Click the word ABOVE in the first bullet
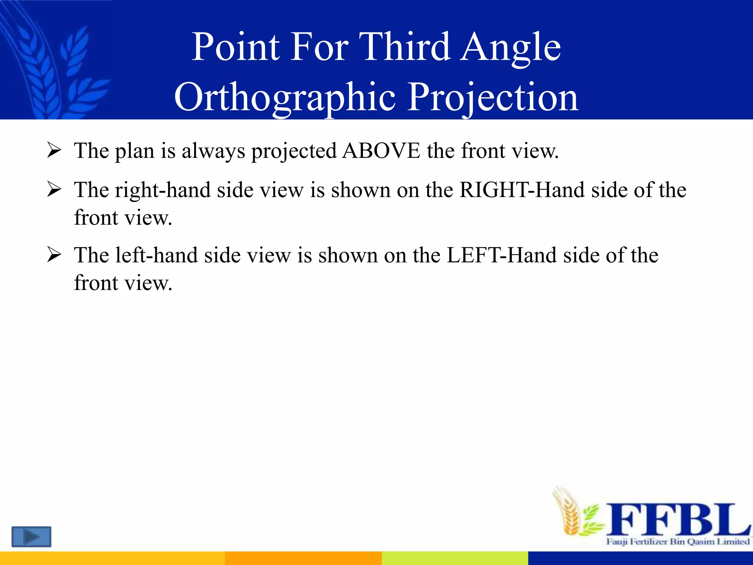pyautogui.click(x=381, y=151)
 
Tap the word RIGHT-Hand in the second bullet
pyautogui.click(x=522, y=190)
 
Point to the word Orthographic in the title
pyautogui.click(x=285, y=97)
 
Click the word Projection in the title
pyautogui.click(x=493, y=97)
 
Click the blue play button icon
pyautogui.click(x=31, y=537)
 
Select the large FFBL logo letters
pyautogui.click(x=677, y=520)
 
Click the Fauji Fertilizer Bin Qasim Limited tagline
pyautogui.click(x=678, y=541)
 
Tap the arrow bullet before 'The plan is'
pyautogui.click(x=54, y=151)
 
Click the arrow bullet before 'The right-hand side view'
pyautogui.click(x=54, y=190)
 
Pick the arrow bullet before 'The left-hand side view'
pyautogui.click(x=54, y=255)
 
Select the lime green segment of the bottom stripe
pyautogui.click(x=454, y=558)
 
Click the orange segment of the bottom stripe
pyautogui.click(x=303, y=558)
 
